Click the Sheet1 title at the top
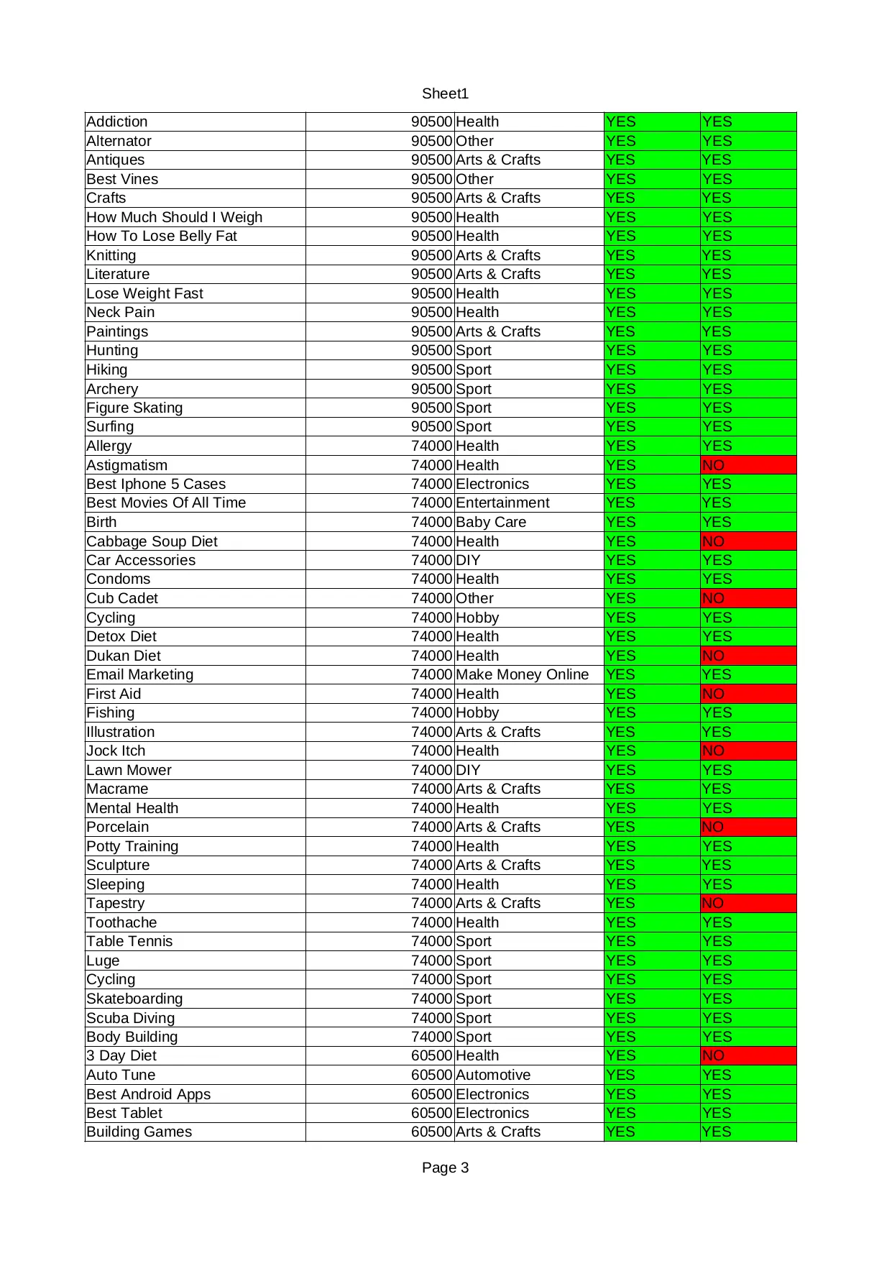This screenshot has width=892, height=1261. [445, 93]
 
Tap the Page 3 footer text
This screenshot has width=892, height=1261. [445, 1168]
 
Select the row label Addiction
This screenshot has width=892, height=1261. [117, 122]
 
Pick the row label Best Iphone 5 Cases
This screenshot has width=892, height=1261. [156, 484]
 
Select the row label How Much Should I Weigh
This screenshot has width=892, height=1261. [175, 217]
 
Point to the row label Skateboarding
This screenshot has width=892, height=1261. [134, 999]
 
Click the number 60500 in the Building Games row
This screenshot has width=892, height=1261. [431, 1132]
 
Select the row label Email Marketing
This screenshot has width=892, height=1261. [140, 674]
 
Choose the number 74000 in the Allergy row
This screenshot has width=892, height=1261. [431, 446]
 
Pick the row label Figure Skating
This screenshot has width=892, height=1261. [134, 408]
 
